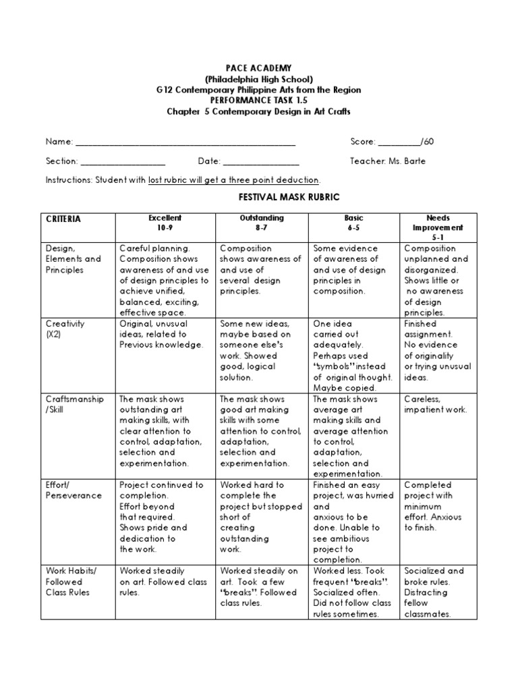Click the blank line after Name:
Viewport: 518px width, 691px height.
(x=185, y=143)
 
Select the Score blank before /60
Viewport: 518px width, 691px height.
(x=399, y=143)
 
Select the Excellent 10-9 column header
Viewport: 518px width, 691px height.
(x=165, y=223)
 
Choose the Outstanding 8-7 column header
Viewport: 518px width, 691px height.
(x=262, y=223)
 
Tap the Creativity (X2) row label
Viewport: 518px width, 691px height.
(x=65, y=329)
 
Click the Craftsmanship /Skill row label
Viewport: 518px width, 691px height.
(x=74, y=404)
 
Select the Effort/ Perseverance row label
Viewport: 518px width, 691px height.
(x=74, y=490)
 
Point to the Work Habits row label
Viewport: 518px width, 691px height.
(x=71, y=582)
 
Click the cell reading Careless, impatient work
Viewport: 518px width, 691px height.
(x=435, y=404)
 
